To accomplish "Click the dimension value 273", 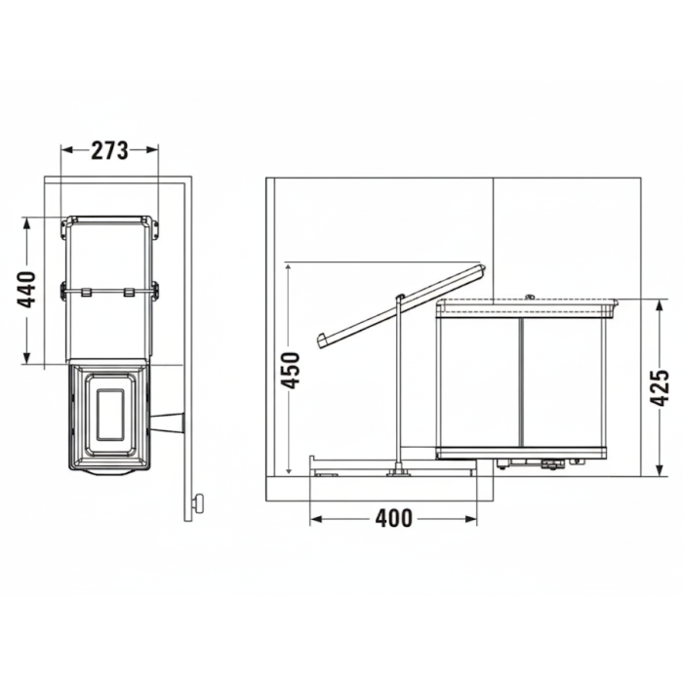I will (x=110, y=150).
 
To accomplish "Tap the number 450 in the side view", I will (x=290, y=370).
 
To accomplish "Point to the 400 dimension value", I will (x=393, y=518).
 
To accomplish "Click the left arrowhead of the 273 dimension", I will (x=66, y=150).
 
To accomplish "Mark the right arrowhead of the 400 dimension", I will (x=473, y=518).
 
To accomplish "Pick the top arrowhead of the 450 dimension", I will (x=290, y=267).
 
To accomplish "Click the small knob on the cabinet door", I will (x=199, y=503).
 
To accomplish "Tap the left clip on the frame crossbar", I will (x=86, y=291).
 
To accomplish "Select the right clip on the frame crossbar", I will (x=130, y=291).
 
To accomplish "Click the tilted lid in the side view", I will (x=400, y=303).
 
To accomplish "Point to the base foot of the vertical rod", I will (x=397, y=472).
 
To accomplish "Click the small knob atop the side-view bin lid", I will (x=529, y=297).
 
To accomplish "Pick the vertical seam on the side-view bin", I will (x=521, y=381).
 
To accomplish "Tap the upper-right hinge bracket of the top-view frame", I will (x=154, y=225).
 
